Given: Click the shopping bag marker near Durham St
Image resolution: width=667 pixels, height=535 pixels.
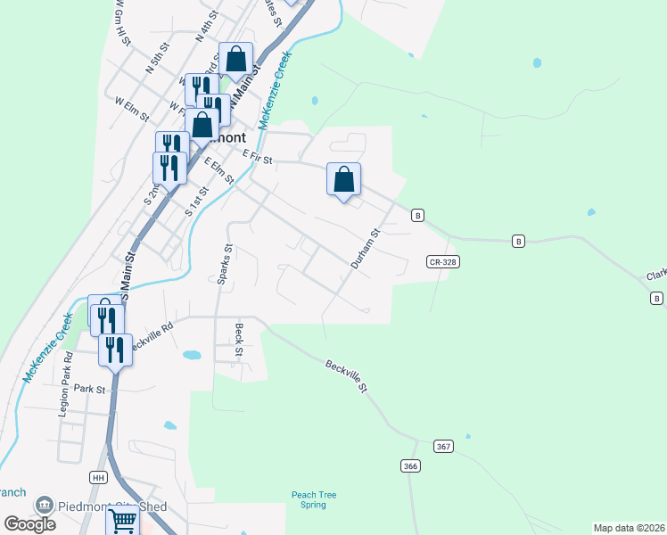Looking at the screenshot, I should coord(343,179).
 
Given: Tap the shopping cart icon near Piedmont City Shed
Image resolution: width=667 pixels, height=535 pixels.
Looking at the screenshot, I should coord(122,520).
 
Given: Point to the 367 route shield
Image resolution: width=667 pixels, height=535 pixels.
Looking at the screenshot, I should coord(443,446).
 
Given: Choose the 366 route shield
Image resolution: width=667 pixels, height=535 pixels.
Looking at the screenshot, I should coord(410,465).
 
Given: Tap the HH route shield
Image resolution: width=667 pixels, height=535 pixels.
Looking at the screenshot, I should coord(98,477).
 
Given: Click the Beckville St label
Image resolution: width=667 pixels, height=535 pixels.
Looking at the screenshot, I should coord(346,374).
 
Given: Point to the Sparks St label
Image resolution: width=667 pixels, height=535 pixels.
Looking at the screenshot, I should coord(225,265).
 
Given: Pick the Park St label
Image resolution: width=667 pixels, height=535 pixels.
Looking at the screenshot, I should coord(90,389).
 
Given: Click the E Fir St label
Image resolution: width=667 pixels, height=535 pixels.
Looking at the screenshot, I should coord(258,158).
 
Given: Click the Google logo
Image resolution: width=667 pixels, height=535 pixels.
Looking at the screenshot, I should coord(29,523).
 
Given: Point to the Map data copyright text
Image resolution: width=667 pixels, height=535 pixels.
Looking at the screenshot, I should coord(629,528).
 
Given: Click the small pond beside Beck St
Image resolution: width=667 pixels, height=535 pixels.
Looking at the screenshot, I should coord(191,355).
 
